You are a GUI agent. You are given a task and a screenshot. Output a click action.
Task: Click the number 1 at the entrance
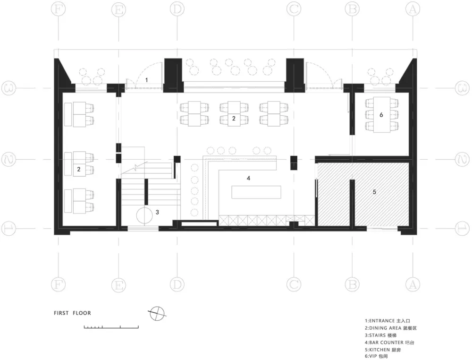pos(147,80)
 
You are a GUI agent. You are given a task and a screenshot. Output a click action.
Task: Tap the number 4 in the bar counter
pos(248,178)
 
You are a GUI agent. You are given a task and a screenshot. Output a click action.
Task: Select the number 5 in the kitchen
pos(374,192)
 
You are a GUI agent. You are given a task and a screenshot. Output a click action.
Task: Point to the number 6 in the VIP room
pos(381,115)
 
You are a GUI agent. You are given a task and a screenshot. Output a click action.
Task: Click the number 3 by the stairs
pos(157,213)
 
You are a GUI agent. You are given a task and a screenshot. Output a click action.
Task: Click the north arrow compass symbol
pos(158,314)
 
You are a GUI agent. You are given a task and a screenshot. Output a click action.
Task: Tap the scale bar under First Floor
pos(111,326)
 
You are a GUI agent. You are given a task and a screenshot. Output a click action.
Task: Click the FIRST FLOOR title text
pos(72,313)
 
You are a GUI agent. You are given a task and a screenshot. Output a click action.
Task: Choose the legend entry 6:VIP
pos(376,357)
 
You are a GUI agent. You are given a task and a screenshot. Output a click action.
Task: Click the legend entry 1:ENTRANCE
pos(388,321)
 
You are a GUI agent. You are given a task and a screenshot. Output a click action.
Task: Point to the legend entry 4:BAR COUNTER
pos(389,343)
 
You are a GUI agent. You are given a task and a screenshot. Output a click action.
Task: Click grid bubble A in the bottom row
pos(413,284)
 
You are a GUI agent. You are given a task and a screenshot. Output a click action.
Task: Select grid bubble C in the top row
pos(294,9)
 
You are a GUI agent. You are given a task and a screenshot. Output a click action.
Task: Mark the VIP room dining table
pos(382,115)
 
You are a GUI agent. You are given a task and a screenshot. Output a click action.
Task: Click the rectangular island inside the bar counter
pos(256,192)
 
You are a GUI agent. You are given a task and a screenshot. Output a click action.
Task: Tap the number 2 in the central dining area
pos(234,119)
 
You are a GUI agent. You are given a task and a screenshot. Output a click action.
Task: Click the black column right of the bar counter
pos(294,163)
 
